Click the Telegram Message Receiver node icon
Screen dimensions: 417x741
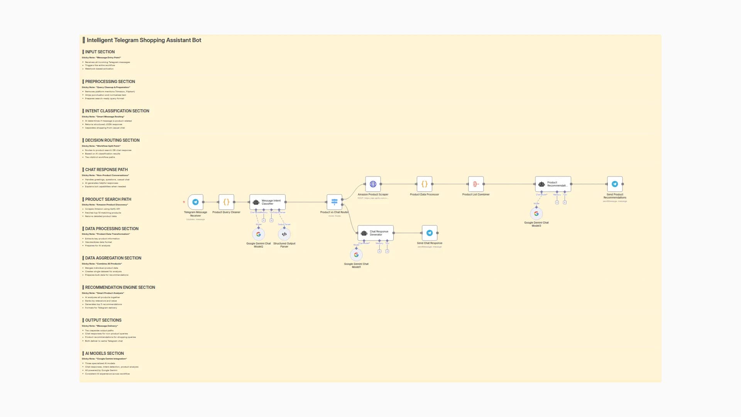(195, 202)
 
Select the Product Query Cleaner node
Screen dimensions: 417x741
(226, 202)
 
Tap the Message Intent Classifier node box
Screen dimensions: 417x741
(267, 202)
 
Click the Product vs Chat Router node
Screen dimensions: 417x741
(334, 202)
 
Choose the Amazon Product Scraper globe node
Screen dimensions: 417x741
(373, 184)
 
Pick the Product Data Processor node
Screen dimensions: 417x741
(424, 184)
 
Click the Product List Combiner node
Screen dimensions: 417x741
(475, 184)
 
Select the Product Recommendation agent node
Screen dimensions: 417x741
(553, 184)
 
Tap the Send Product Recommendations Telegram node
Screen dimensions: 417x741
(614, 184)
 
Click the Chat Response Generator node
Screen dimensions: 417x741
(376, 233)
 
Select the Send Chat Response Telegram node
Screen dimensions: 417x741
(429, 233)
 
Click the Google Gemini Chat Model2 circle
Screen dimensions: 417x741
(258, 234)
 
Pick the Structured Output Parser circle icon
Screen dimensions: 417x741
(284, 234)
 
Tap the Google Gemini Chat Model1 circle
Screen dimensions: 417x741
(356, 255)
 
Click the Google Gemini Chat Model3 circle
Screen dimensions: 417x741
(536, 214)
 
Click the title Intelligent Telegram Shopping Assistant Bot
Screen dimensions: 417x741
(144, 40)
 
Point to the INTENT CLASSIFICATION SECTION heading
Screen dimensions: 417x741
(117, 111)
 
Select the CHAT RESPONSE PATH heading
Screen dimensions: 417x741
(106, 170)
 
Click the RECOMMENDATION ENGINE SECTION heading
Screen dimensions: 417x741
(120, 287)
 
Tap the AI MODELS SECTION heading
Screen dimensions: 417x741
(104, 353)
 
